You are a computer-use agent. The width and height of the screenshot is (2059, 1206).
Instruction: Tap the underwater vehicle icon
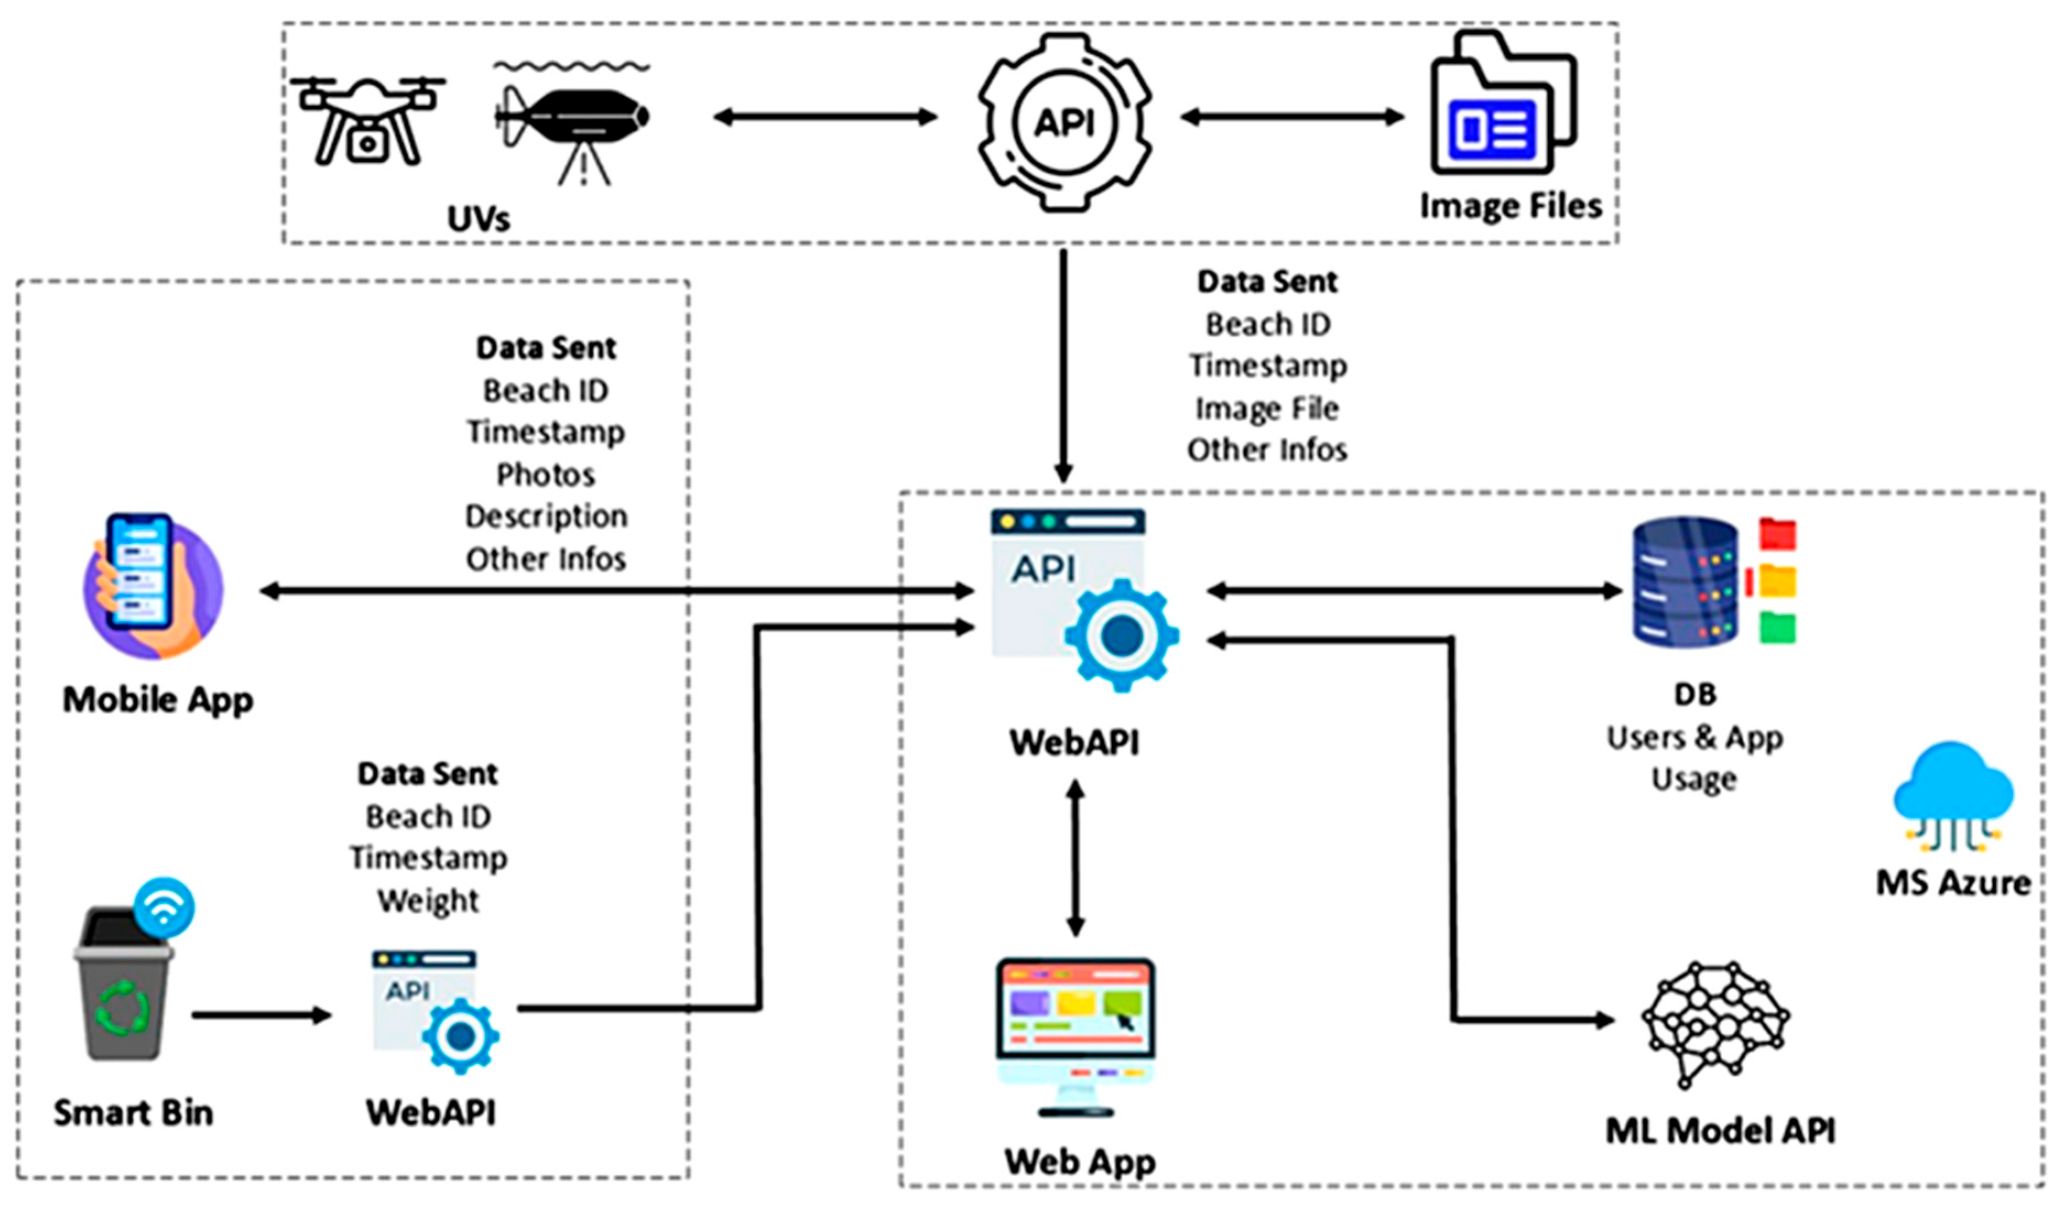572,118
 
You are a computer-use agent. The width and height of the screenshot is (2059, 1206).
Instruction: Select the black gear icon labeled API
1065,123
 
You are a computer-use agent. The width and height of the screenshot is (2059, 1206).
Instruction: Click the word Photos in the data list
546,474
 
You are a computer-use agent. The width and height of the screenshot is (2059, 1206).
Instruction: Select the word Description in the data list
546,516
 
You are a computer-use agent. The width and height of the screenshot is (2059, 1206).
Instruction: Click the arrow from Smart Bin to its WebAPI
262,1016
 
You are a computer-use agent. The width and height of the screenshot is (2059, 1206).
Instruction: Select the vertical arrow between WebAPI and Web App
1075,858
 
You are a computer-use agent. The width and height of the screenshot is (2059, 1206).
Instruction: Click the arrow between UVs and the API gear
825,117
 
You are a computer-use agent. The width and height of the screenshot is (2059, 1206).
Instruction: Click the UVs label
478,218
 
